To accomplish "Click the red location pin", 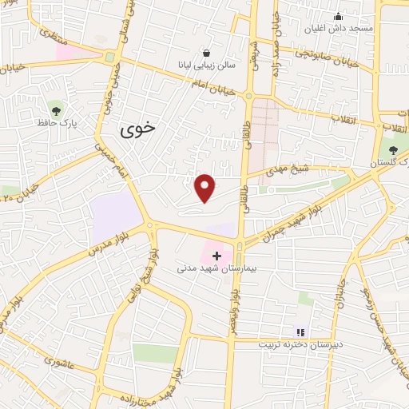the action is click(205, 188).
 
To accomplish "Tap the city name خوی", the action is click(140, 131).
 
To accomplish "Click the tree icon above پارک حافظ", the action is click(55, 110).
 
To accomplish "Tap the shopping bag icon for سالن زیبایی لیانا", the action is click(208, 51).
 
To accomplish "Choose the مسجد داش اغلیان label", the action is click(338, 29).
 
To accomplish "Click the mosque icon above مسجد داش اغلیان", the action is click(338, 16).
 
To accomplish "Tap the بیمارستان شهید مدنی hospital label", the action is click(216, 268).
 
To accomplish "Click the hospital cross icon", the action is click(216, 256).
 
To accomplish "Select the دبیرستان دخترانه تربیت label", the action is click(299, 345).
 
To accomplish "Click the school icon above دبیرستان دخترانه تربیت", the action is click(300, 332).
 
